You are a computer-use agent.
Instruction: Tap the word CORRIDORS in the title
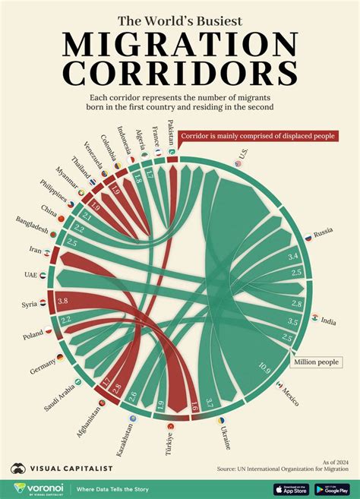point(179,74)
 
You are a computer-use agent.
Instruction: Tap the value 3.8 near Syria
point(63,301)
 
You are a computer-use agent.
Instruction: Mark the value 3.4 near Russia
point(292,257)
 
